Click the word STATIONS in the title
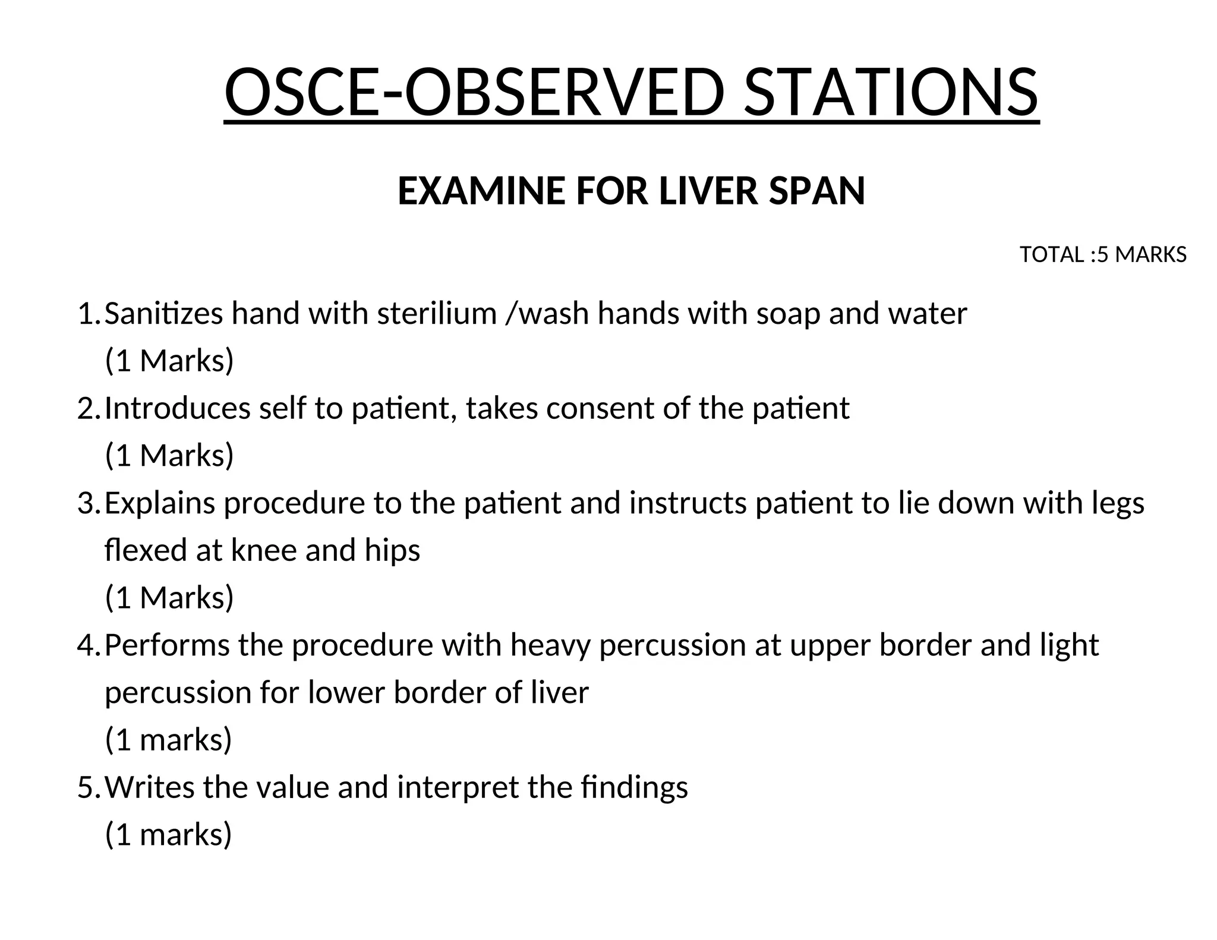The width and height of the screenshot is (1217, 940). tap(891, 92)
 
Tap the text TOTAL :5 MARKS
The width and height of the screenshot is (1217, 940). tap(1103, 255)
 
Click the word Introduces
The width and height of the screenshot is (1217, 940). tap(178, 408)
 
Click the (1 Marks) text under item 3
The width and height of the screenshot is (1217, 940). tap(169, 597)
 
